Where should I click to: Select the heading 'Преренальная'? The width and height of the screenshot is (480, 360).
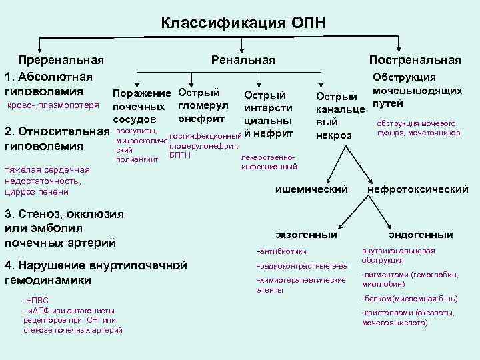(61, 60)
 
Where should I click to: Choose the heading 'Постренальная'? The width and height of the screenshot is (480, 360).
(420, 60)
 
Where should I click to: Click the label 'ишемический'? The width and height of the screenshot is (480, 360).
(312, 189)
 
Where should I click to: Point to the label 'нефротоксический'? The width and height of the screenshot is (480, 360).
(418, 189)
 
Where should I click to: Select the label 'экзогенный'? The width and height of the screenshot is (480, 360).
(307, 235)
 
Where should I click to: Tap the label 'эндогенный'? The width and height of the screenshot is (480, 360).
(421, 235)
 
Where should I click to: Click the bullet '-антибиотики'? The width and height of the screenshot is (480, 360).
(282, 251)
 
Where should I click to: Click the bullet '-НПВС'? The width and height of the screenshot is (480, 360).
(34, 301)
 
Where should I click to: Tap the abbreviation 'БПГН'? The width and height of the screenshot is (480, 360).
(180, 155)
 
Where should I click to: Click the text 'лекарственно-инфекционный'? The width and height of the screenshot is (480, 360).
(269, 163)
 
